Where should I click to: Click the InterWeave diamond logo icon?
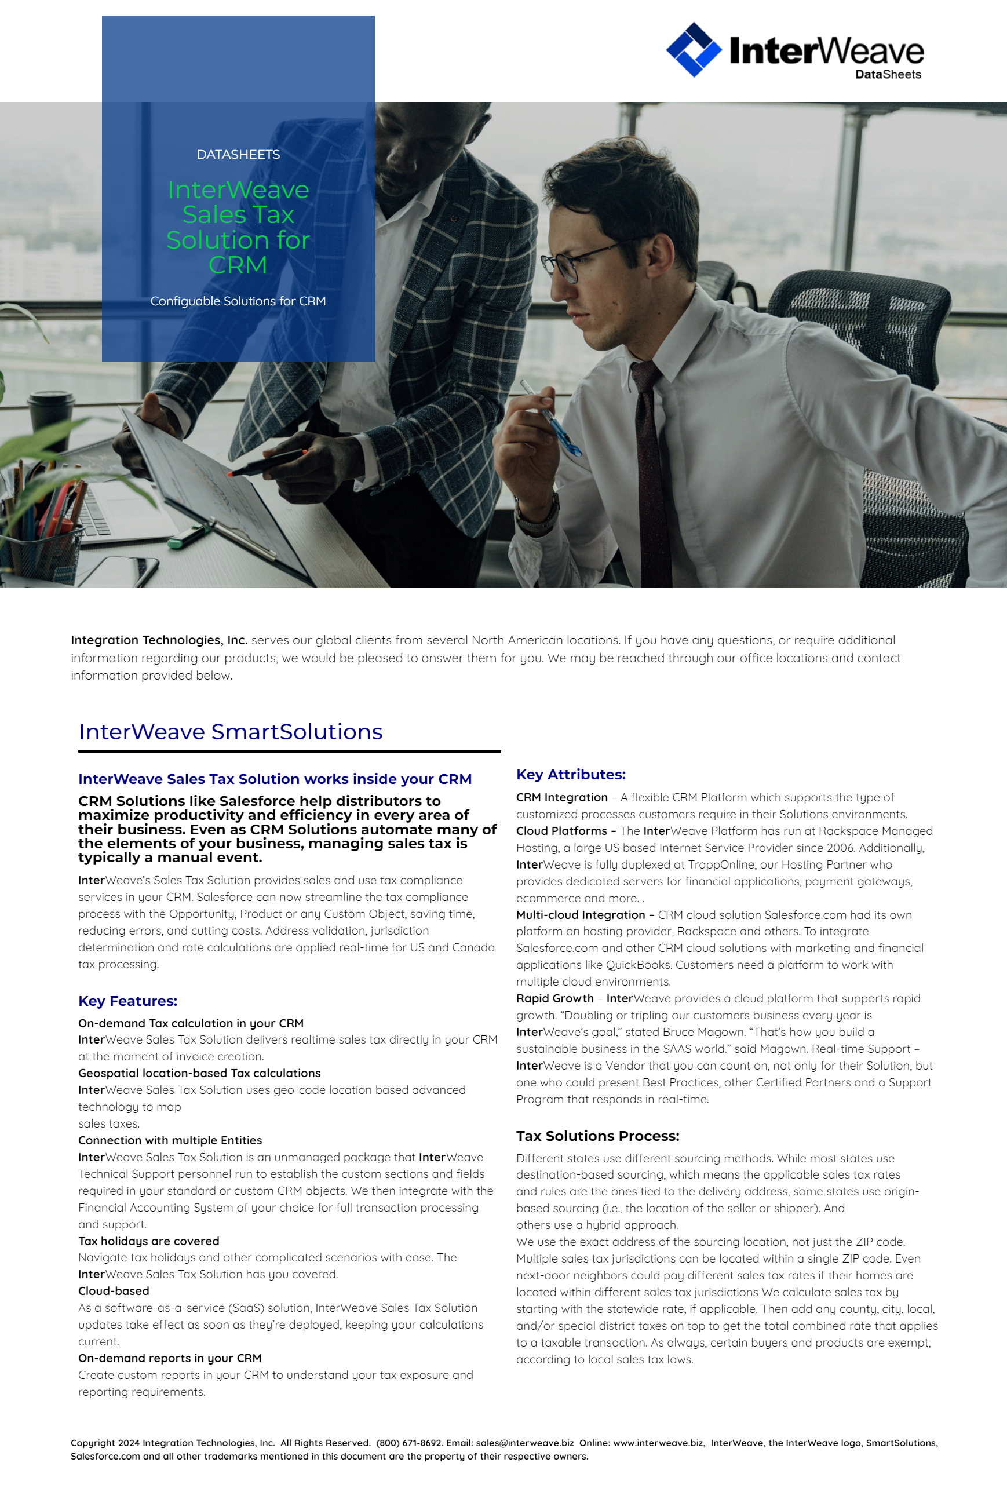point(694,49)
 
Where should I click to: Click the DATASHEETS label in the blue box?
point(238,155)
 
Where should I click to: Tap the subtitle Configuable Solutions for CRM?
point(238,301)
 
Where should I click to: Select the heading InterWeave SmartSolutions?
point(231,732)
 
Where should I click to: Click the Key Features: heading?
point(127,1001)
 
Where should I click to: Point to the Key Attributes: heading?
point(571,774)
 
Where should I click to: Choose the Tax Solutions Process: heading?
point(597,1136)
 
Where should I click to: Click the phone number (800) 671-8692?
point(409,1443)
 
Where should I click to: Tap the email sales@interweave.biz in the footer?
point(525,1443)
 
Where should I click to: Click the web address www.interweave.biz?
point(658,1443)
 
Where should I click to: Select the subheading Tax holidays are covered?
point(149,1241)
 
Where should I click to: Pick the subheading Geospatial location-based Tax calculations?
point(199,1073)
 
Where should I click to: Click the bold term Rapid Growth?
point(554,998)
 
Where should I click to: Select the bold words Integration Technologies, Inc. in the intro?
point(159,640)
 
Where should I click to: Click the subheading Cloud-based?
point(114,1291)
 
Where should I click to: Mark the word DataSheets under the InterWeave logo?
point(888,75)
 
